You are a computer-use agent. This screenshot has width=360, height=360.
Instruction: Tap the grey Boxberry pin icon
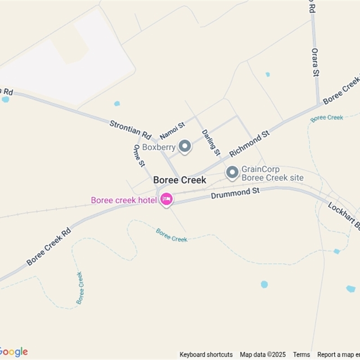click(x=184, y=146)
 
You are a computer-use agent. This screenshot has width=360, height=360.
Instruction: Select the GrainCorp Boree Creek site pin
click(x=232, y=173)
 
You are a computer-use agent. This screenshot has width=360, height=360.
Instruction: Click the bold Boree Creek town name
click(x=180, y=180)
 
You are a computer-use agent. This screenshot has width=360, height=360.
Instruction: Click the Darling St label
click(x=211, y=143)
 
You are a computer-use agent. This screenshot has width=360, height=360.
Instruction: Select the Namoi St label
click(x=172, y=130)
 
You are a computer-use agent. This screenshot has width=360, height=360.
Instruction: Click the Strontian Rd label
click(x=130, y=129)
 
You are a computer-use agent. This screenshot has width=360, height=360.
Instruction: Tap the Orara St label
click(x=315, y=62)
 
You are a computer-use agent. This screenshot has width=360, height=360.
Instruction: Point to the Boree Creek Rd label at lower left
click(x=49, y=247)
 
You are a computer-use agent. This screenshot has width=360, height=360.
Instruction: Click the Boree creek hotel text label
click(x=123, y=200)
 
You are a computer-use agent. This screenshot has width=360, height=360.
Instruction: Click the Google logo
click(x=13, y=352)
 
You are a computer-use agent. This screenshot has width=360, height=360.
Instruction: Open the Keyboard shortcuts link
click(x=206, y=355)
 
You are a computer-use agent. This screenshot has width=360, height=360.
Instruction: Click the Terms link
click(x=301, y=355)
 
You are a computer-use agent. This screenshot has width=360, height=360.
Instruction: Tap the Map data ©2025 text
click(x=263, y=355)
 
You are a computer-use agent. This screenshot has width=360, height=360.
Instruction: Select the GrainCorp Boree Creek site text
click(x=272, y=174)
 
